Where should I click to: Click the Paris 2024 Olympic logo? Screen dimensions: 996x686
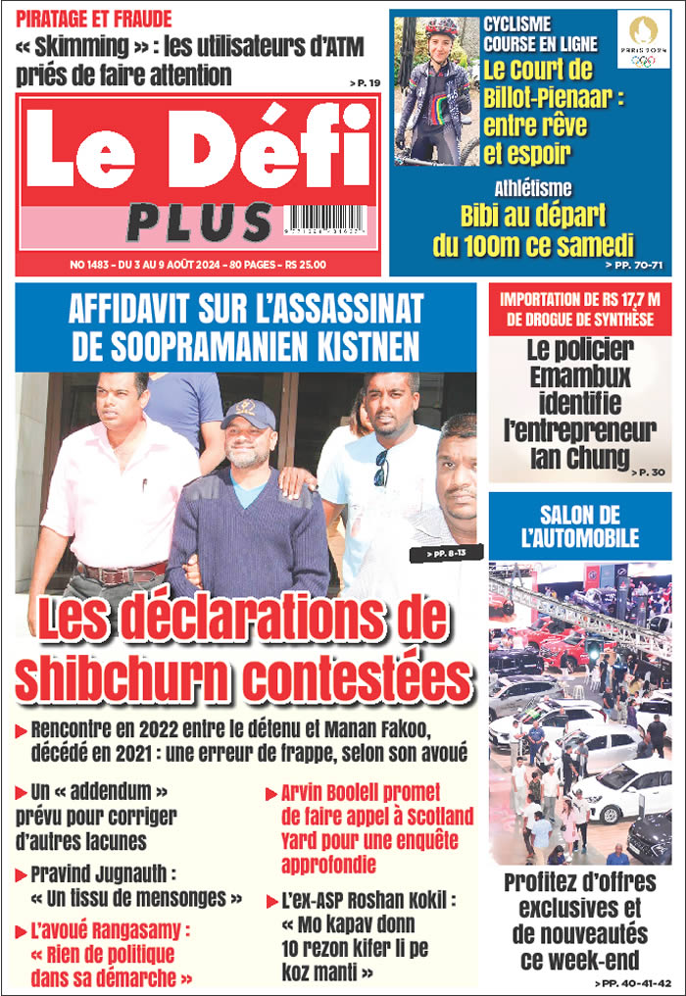pyautogui.click(x=644, y=40)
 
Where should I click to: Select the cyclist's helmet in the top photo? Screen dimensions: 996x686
pyautogui.click(x=442, y=26)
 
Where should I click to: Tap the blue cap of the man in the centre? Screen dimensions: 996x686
pyautogui.click(x=248, y=414)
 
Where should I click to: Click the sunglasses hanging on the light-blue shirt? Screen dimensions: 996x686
pyautogui.click(x=381, y=468)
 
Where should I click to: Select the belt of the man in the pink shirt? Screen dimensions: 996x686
pyautogui.click(x=122, y=571)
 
